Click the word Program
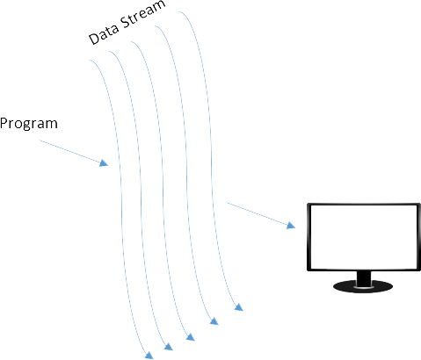29,124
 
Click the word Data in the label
104,34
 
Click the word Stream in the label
143,14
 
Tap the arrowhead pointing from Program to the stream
104,163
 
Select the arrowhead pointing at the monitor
291,225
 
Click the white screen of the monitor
364,237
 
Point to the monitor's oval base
363,286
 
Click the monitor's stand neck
364,278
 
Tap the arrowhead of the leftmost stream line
149,355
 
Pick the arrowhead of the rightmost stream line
239,307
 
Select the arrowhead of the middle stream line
191,337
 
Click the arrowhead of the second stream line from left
168,347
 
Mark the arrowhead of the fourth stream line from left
214,321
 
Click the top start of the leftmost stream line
90,60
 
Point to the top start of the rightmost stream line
179,11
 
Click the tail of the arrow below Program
40,140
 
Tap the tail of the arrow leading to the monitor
227,202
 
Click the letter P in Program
4,123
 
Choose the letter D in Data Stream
94,39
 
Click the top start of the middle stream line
131,42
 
